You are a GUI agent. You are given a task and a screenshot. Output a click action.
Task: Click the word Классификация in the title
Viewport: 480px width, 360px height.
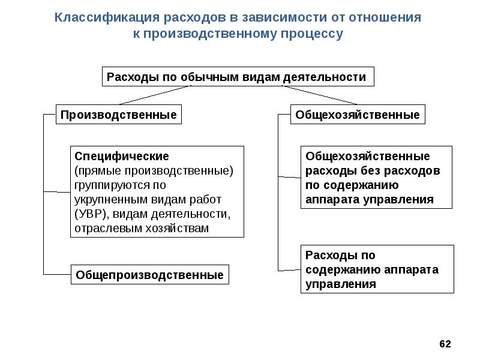click(x=107, y=17)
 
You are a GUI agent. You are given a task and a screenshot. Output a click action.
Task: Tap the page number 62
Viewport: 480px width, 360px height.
click(x=445, y=344)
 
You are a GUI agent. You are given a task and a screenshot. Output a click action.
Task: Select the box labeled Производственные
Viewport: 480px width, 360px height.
click(x=118, y=115)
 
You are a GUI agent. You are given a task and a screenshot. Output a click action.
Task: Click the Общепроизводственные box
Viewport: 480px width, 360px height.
click(x=149, y=275)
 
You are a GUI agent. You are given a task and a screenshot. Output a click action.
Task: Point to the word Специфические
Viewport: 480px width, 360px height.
click(x=122, y=156)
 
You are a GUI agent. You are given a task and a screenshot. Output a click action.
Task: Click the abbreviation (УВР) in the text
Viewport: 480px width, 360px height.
click(x=92, y=214)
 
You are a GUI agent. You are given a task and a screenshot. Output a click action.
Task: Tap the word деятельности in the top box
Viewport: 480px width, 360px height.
click(x=324, y=77)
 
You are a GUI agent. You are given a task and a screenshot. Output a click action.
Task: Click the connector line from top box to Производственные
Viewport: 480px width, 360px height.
click(x=155, y=95)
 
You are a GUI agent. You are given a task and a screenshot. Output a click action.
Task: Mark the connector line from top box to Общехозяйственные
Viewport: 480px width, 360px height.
click(x=319, y=95)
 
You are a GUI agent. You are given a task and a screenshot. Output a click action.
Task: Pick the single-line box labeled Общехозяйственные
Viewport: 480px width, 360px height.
click(x=358, y=115)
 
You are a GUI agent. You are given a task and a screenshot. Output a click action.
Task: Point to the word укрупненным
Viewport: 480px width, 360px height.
click(x=111, y=200)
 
